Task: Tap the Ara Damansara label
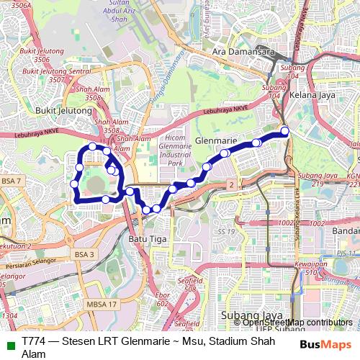[x=240, y=53]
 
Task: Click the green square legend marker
[x=8, y=341]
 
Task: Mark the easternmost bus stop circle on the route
[x=284, y=130]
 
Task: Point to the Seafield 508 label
[x=189, y=284]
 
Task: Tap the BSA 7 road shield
[x=12, y=180]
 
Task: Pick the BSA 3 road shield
[x=84, y=254]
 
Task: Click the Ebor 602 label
[x=162, y=299]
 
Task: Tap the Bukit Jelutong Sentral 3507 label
[x=50, y=76]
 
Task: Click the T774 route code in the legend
[x=35, y=341]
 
